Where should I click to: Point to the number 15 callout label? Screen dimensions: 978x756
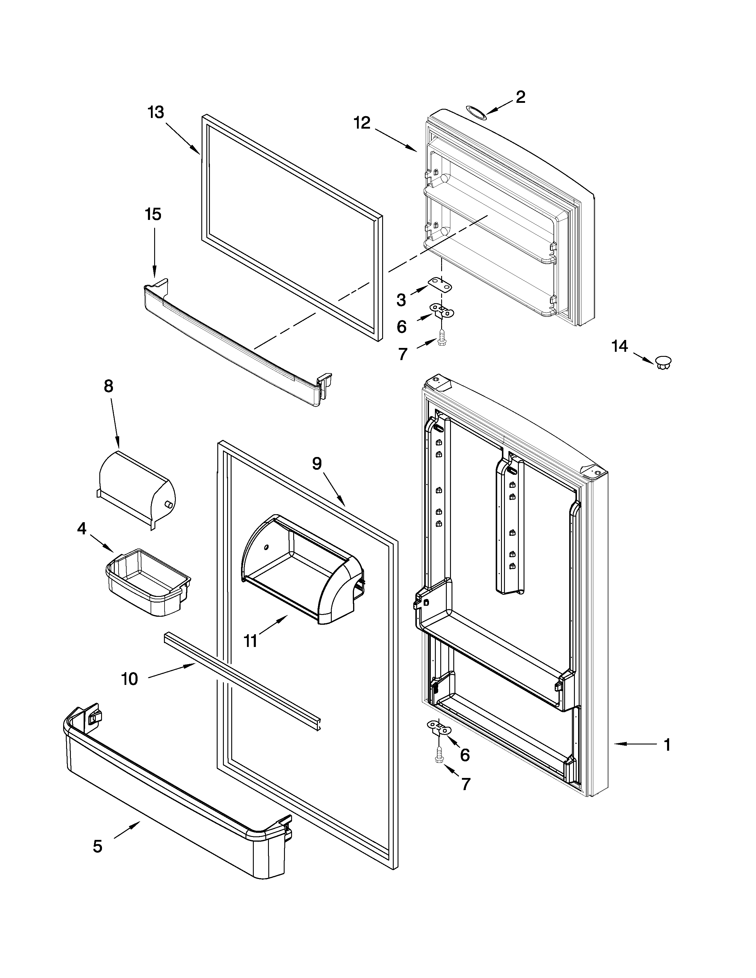pyautogui.click(x=153, y=215)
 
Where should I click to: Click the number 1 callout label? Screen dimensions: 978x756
pyautogui.click(x=667, y=745)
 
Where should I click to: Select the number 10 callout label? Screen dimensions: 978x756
pyautogui.click(x=130, y=679)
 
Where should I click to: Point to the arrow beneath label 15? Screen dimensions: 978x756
pyautogui.click(x=154, y=253)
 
